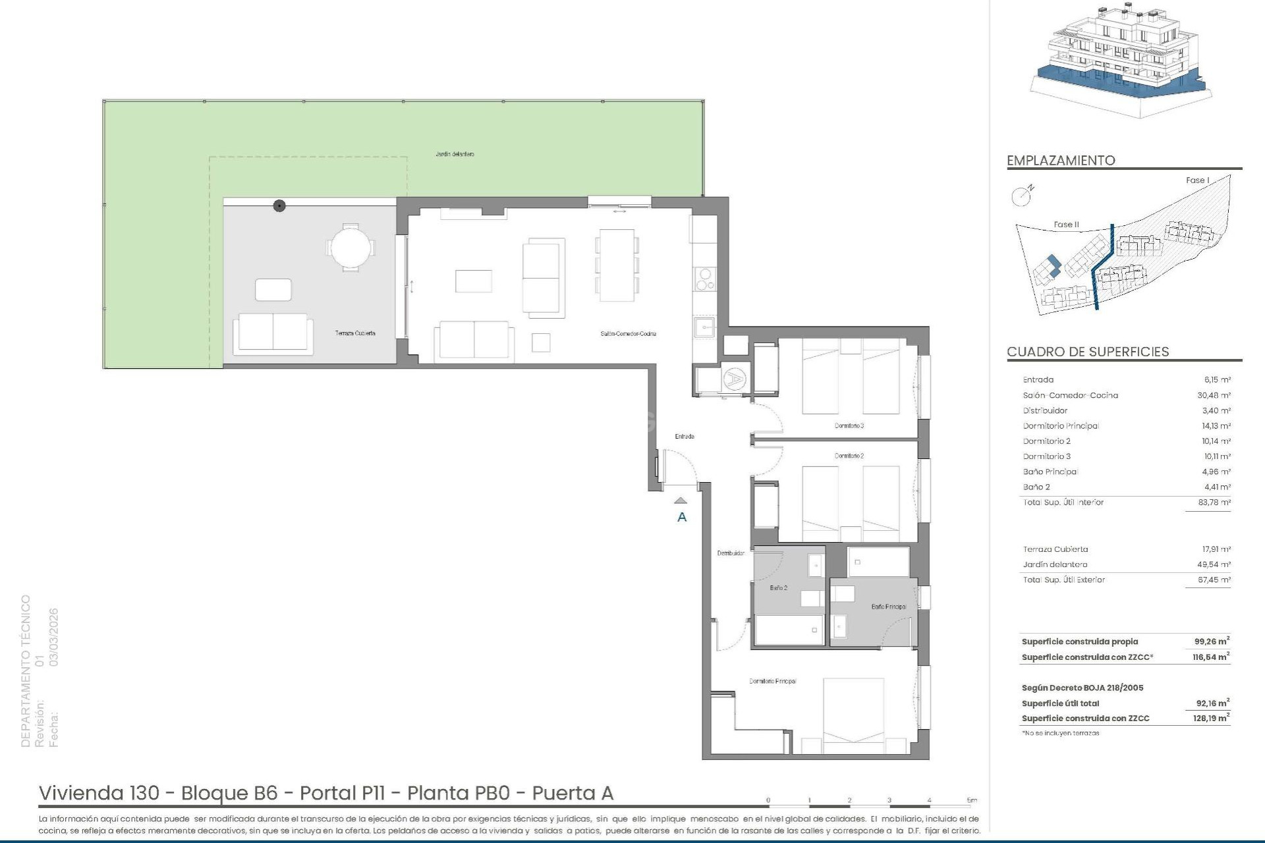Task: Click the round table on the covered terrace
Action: coord(351,248)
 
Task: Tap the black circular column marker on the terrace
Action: coord(279,206)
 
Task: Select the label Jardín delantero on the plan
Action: coord(455,154)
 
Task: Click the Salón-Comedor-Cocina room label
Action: coord(628,334)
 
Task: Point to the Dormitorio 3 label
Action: coord(849,426)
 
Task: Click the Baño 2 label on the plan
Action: coord(779,588)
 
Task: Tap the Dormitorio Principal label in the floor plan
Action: coord(772,682)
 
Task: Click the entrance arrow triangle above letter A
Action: coord(681,501)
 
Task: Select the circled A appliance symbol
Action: coord(733,379)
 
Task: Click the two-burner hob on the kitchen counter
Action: coord(705,279)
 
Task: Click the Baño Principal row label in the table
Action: coord(1050,472)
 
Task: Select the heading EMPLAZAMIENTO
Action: coord(1061,161)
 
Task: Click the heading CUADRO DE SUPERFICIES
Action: coord(1088,352)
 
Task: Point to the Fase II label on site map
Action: coord(1066,225)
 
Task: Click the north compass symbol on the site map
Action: coord(1021,196)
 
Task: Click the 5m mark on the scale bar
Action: coord(972,801)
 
